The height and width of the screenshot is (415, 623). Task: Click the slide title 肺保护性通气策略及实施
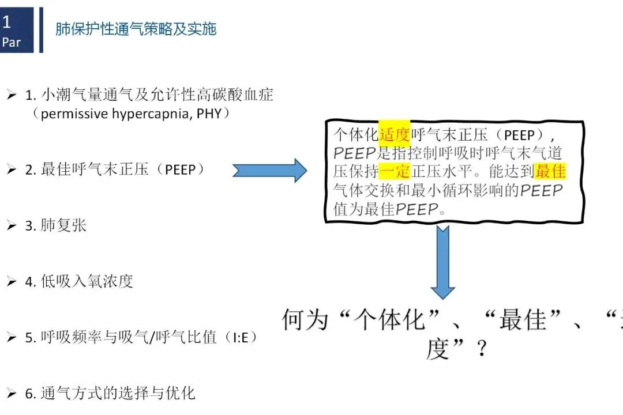point(136,29)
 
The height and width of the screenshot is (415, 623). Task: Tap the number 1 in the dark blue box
point(6,22)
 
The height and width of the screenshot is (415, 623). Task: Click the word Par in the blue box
point(12,42)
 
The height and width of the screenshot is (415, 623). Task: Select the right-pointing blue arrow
point(269,170)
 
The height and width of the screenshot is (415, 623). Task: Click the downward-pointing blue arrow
point(442,262)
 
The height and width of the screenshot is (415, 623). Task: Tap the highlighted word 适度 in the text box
point(394,134)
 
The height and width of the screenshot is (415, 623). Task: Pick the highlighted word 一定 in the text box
point(395,171)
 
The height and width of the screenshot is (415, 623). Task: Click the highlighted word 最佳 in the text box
point(550,171)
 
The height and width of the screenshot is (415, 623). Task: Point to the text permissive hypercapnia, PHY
point(132,114)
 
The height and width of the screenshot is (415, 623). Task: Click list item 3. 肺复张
point(55,225)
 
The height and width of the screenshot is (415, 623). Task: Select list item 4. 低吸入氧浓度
point(79,281)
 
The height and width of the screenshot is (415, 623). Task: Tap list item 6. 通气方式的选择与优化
point(110,394)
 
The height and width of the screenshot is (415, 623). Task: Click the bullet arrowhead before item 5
point(11,338)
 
